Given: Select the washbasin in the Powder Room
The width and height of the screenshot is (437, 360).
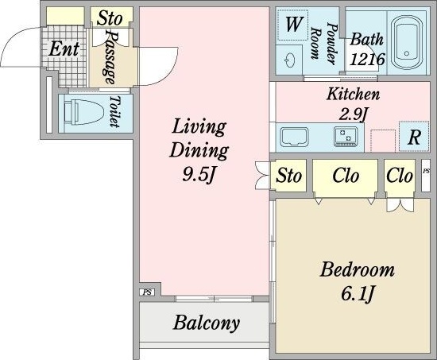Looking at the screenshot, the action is [290, 60].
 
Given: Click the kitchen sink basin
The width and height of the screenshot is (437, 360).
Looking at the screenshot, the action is [294, 137].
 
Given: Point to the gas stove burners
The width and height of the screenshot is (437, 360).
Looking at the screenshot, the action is [346, 137].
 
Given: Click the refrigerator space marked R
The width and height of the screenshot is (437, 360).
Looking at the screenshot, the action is [414, 137].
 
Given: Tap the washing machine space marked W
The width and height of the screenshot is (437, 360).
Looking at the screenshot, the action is [293, 25].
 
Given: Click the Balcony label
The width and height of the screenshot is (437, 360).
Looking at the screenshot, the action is [206, 323].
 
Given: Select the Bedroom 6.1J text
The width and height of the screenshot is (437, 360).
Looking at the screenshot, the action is [357, 281].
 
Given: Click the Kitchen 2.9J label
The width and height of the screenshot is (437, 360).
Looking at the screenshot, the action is [353, 104].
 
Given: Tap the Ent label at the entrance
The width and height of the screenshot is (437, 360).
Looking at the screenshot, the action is [64, 49].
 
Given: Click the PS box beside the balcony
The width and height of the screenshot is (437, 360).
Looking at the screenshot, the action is [147, 292].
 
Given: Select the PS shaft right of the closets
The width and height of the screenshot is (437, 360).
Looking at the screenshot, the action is [426, 176].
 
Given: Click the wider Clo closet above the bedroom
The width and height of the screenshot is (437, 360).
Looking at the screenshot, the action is [345, 176].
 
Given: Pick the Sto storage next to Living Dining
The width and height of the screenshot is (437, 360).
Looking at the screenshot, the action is [288, 176].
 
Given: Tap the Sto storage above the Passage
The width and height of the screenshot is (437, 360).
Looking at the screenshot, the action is [110, 17].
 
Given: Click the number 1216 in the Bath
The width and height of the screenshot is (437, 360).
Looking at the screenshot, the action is [367, 59].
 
